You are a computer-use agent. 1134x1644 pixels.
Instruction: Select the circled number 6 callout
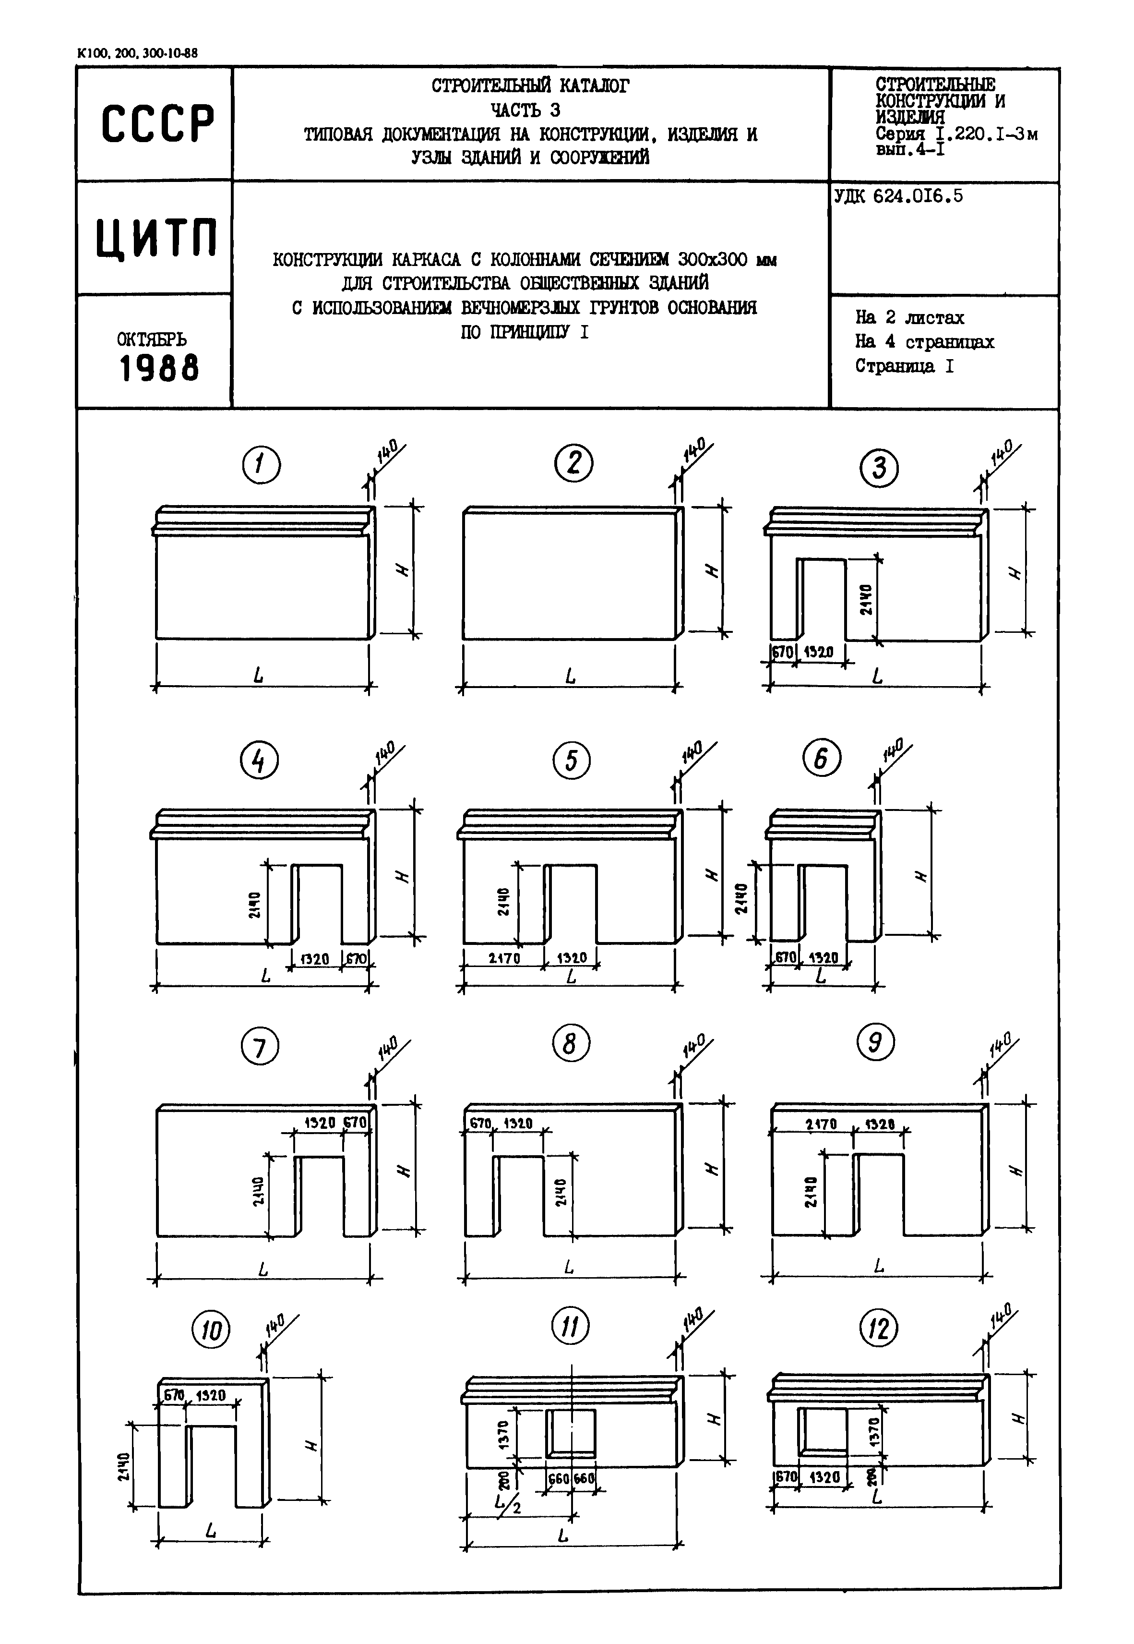point(822,759)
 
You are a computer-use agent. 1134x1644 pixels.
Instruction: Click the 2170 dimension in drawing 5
point(504,958)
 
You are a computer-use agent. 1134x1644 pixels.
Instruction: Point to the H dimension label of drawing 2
point(711,571)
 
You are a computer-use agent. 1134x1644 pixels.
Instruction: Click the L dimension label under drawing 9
point(879,1266)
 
